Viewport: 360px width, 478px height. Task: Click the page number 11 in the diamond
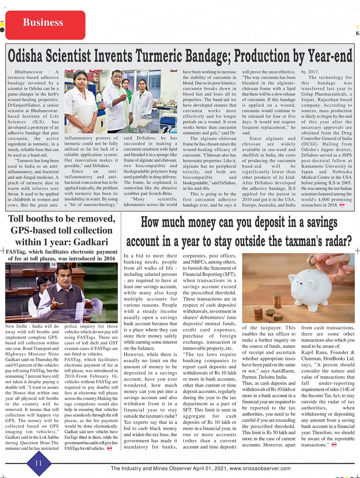[x=38, y=463]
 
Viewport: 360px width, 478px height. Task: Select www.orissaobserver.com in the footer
[x=260, y=469]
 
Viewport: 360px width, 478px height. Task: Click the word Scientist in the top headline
[x=76, y=56]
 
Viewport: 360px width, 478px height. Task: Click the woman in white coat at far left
[x=81, y=102]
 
